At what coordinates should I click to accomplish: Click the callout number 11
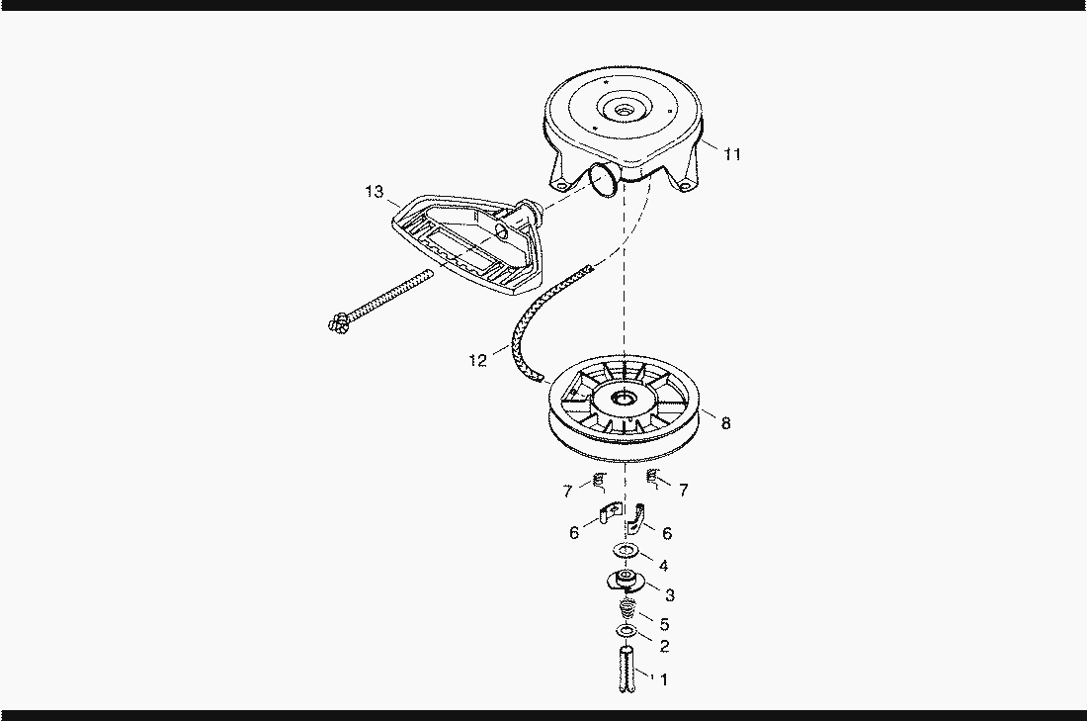(x=732, y=154)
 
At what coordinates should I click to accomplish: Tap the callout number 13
(x=375, y=192)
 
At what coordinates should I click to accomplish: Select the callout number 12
(x=477, y=360)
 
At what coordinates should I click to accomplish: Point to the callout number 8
(x=726, y=423)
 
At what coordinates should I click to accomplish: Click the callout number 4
(x=663, y=567)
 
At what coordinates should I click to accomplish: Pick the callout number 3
(x=670, y=595)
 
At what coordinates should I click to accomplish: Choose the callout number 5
(x=664, y=624)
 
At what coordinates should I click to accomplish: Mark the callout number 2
(x=664, y=647)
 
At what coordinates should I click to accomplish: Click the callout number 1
(x=663, y=680)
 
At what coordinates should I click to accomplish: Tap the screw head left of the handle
(x=338, y=322)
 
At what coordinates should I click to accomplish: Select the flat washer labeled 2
(x=626, y=632)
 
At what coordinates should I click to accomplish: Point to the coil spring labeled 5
(x=627, y=610)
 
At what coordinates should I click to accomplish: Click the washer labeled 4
(x=626, y=552)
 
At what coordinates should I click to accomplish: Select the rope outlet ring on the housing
(x=603, y=179)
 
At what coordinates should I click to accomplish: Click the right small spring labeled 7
(x=652, y=477)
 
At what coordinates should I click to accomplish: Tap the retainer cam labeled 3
(x=626, y=580)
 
